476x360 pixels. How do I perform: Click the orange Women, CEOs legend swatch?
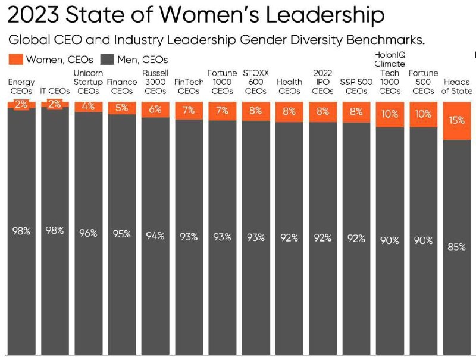[x=16, y=60]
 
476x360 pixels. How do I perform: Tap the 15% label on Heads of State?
[x=457, y=120]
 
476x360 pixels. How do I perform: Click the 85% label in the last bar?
[x=457, y=246]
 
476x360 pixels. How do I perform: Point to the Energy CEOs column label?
[x=21, y=87]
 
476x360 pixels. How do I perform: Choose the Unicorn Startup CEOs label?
[x=89, y=82]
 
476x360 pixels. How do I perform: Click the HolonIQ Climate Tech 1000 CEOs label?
[x=390, y=73]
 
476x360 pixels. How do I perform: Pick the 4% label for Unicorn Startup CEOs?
[x=89, y=107]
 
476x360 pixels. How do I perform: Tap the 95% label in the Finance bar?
[x=122, y=234]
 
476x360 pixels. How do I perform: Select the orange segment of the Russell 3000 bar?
[x=155, y=109]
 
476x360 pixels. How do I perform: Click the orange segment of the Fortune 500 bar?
[x=424, y=114]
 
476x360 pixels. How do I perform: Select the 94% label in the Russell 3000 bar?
[x=155, y=236]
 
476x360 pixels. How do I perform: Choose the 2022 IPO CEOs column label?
[x=322, y=82]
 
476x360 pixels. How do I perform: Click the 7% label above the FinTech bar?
[x=189, y=111]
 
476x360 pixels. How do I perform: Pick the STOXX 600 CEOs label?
[x=256, y=82]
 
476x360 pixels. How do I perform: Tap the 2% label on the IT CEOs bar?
[x=55, y=105]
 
